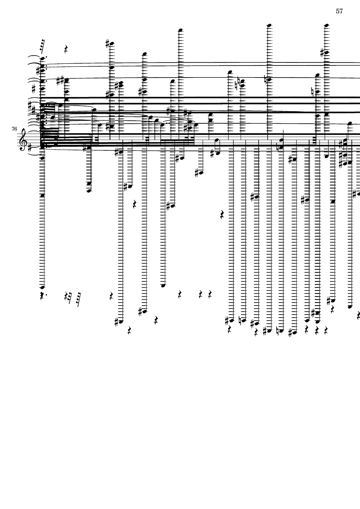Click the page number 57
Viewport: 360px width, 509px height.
click(339, 11)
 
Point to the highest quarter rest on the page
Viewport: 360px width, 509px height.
click(66, 49)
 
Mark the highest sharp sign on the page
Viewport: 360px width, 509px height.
click(108, 43)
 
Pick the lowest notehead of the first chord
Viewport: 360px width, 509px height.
click(42, 287)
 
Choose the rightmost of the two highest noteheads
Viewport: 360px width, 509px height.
click(326, 25)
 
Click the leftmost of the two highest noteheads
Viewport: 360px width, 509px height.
click(269, 25)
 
